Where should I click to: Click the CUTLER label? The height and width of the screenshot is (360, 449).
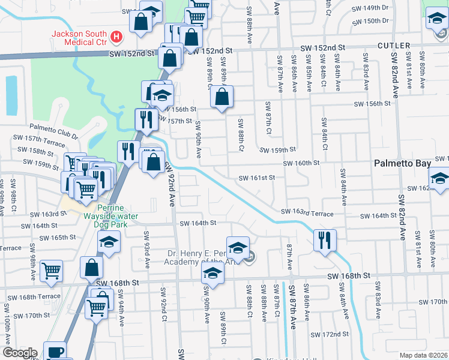[394, 46]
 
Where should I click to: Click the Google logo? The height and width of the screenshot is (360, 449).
[19, 353]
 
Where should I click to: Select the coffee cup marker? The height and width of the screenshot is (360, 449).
[55, 352]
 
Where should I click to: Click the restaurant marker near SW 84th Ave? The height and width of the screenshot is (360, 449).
[324, 240]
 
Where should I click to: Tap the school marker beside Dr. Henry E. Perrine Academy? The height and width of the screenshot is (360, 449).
[238, 247]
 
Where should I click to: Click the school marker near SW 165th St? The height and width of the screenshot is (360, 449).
[109, 242]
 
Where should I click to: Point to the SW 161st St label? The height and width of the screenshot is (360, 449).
[256, 178]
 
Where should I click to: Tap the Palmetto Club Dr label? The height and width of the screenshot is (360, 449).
[55, 130]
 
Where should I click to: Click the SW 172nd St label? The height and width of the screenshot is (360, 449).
[330, 334]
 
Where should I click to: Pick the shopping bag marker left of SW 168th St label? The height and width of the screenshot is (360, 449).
[91, 268]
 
